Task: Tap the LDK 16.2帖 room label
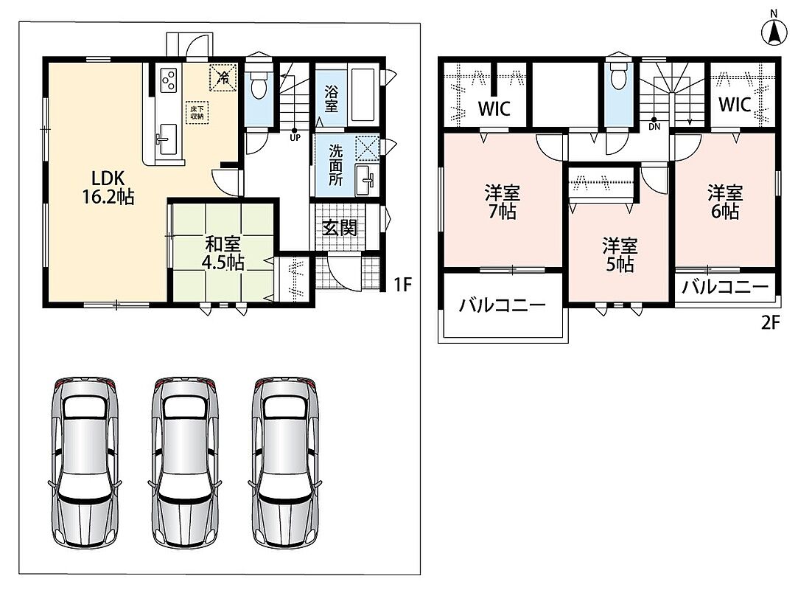point(108,187)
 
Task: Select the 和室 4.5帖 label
point(224,253)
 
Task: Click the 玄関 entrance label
point(340,228)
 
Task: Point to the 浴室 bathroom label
point(332,99)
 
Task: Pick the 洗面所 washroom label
point(335,164)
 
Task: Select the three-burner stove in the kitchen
point(169,80)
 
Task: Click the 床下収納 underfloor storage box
point(197,113)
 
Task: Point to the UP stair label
point(295,138)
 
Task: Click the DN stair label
point(654,126)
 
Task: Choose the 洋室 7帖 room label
point(503,202)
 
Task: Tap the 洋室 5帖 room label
point(620,254)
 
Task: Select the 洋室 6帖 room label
point(725,202)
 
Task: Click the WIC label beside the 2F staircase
point(735,105)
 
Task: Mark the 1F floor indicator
point(402,284)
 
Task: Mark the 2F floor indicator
point(771,322)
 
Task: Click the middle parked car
point(186,462)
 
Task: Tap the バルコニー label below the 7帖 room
point(503,305)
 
